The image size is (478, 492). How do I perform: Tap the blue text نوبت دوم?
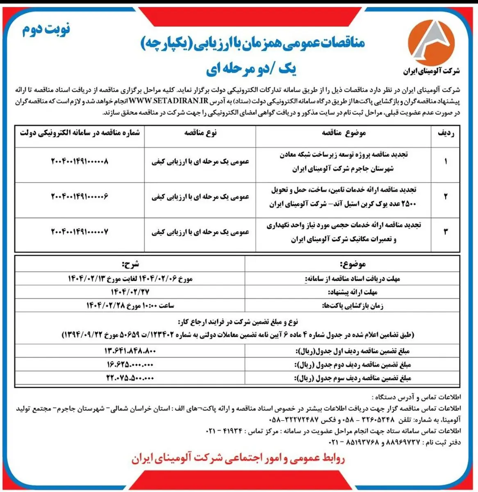[46, 30]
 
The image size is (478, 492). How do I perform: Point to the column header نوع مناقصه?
[200, 132]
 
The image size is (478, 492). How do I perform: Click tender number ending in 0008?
[80, 161]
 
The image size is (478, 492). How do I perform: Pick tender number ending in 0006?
[80, 196]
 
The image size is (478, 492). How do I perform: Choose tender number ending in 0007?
[80, 232]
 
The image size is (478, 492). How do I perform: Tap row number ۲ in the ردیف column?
[446, 196]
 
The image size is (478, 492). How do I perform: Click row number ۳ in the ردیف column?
[446, 232]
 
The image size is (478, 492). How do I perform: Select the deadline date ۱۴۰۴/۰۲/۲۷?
[130, 292]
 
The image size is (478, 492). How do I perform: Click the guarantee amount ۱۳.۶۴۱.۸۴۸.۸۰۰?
[130, 351]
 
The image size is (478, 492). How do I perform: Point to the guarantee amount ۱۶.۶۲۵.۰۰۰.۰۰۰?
[130, 364]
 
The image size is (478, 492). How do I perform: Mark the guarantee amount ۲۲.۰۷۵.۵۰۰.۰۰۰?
[130, 378]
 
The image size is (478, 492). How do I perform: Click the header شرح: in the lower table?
[130, 264]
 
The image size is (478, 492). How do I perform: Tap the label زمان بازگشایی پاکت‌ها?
[353, 306]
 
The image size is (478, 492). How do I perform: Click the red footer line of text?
[238, 459]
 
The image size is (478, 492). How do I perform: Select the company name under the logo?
[431, 71]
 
